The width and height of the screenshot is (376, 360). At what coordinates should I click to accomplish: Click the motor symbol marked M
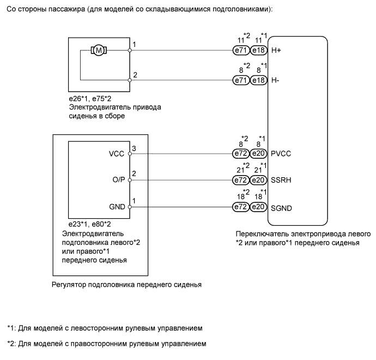(x=99, y=50)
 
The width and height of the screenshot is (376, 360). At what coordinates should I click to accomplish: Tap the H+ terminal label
(x=276, y=50)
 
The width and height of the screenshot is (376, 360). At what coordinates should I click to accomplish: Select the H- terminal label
(x=276, y=80)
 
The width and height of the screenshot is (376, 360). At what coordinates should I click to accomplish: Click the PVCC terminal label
(x=281, y=154)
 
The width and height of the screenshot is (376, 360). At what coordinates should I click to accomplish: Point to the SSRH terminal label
(x=281, y=180)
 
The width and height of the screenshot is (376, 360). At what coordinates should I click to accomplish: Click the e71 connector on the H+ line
(x=240, y=50)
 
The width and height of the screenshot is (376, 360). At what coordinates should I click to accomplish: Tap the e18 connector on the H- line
(x=259, y=80)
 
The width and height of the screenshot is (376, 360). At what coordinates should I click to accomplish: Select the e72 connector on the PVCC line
(x=240, y=154)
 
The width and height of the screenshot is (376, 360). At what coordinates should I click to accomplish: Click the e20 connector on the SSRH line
(x=259, y=180)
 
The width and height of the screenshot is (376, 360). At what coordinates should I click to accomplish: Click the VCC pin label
(x=118, y=154)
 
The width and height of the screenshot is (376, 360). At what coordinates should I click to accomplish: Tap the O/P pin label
(x=118, y=180)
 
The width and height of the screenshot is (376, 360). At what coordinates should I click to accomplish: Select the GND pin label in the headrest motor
(x=117, y=207)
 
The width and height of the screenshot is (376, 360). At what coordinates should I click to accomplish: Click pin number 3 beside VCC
(x=135, y=148)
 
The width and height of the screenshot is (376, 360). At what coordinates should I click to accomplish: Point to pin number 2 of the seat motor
(x=135, y=75)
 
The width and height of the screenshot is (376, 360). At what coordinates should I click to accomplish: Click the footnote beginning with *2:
(x=107, y=344)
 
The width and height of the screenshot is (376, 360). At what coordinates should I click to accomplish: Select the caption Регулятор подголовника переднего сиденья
(x=126, y=284)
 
